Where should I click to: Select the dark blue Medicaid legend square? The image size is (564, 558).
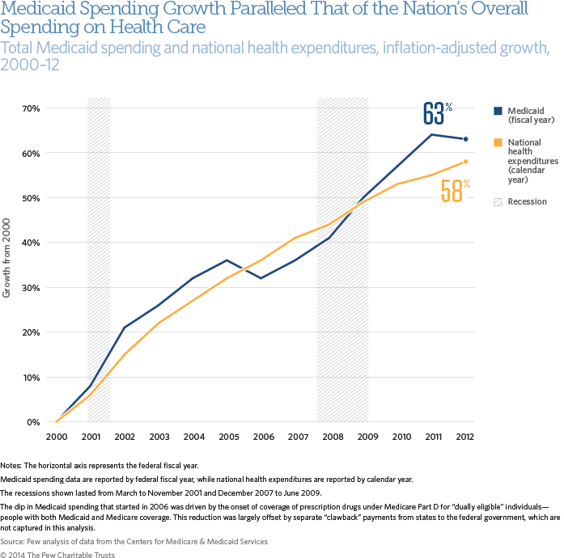(x=498, y=111)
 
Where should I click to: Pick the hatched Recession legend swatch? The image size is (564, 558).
(x=498, y=201)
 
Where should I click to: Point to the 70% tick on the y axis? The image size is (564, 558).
(x=32, y=108)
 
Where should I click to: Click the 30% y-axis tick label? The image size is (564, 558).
(x=32, y=288)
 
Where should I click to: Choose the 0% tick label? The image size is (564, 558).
(x=34, y=422)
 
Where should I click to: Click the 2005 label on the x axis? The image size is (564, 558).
(x=230, y=437)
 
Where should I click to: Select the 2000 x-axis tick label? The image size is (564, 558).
(x=55, y=437)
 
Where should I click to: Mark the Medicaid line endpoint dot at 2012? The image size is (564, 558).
(x=465, y=139)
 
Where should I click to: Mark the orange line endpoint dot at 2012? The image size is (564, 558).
(x=465, y=162)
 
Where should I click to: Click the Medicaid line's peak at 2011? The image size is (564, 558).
(x=431, y=134)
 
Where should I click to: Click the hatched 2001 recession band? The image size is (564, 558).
(x=99, y=259)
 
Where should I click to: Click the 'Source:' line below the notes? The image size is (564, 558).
(x=134, y=541)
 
